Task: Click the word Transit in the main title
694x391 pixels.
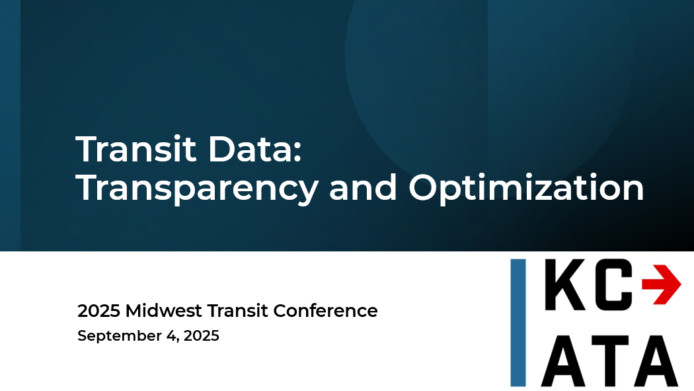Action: click(x=136, y=150)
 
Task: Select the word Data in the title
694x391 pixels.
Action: click(x=250, y=150)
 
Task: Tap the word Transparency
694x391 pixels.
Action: click(x=197, y=189)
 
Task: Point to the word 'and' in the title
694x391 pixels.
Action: click(x=363, y=187)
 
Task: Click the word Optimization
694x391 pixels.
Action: click(x=526, y=188)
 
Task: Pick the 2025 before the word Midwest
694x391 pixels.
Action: click(x=98, y=311)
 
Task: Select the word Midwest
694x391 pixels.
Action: click(x=164, y=311)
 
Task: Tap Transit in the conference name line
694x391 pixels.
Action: click(x=238, y=311)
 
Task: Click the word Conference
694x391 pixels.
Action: click(x=325, y=311)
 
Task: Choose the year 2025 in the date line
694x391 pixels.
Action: click(x=202, y=335)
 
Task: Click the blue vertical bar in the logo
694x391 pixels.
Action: click(x=518, y=323)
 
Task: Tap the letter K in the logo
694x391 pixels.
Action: click(x=568, y=284)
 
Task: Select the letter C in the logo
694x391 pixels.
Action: click(x=613, y=284)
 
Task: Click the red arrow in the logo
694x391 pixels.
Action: click(x=661, y=284)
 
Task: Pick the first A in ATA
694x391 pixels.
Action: click(x=565, y=361)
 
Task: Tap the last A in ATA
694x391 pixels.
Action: click(x=654, y=361)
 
